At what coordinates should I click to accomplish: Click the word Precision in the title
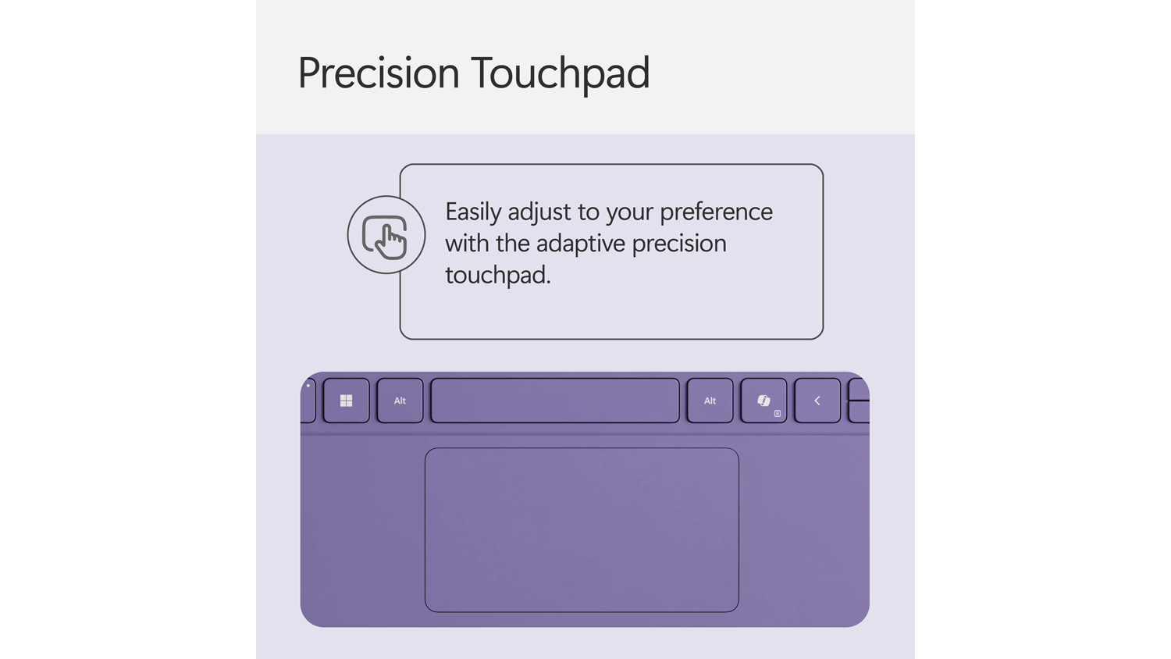point(379,73)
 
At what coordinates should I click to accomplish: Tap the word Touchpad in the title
point(561,73)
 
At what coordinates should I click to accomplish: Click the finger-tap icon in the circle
point(385,237)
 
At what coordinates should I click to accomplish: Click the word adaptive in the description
point(581,244)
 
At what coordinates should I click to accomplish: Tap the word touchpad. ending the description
point(498,276)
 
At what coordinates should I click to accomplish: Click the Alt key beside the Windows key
point(400,401)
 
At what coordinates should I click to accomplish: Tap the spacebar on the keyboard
point(555,401)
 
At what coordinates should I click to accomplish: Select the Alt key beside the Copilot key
point(710,401)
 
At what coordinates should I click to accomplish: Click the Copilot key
point(763,401)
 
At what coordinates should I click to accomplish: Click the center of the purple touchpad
point(582,530)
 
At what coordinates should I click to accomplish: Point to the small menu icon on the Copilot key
point(778,413)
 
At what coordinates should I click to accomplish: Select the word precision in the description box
point(680,244)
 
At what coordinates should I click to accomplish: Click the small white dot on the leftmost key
point(308,386)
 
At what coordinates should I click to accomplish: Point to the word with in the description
point(468,243)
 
